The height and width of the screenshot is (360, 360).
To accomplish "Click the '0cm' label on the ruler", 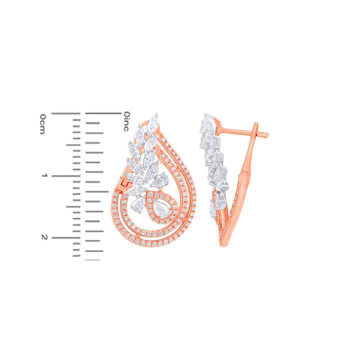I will tap(43, 123).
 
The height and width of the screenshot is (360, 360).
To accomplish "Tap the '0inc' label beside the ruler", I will tap(126, 121).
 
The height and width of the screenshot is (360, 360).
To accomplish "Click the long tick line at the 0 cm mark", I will tap(65, 114).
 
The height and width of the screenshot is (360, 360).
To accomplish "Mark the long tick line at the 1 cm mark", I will tap(65, 176).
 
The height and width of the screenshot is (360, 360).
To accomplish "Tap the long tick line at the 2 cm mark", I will tap(65, 237).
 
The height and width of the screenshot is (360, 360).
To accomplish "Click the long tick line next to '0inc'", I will tap(103, 114).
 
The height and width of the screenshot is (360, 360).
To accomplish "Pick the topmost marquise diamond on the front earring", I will tap(155, 118).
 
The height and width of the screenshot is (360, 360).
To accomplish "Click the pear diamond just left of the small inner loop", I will tap(137, 204).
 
